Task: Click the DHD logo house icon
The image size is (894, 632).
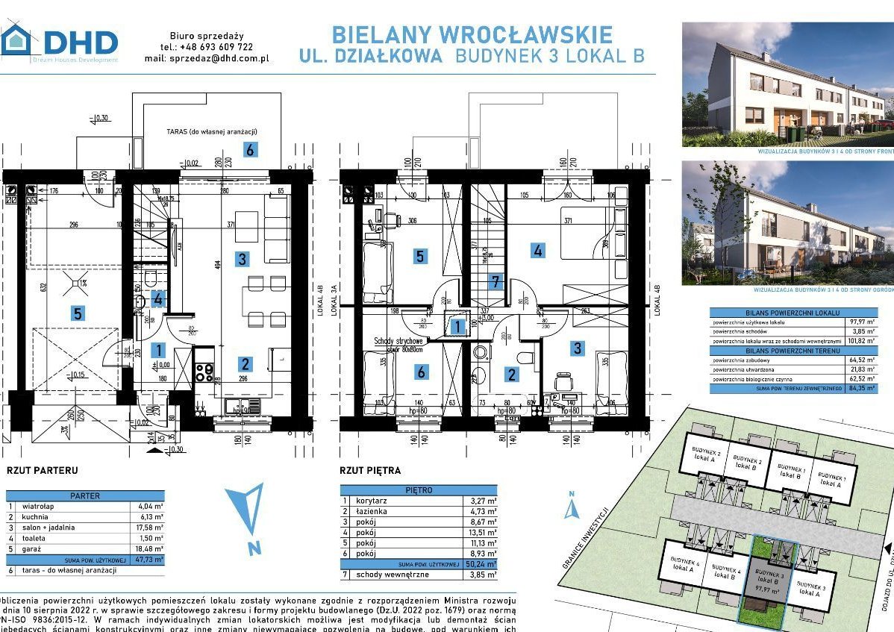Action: click(16, 40)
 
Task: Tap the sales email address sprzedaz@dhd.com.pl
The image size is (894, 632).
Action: click(219, 57)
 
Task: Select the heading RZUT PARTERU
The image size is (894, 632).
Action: click(43, 471)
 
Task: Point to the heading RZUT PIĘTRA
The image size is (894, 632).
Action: click(370, 470)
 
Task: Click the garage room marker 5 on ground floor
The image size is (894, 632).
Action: click(78, 313)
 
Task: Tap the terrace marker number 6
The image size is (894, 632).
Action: click(250, 149)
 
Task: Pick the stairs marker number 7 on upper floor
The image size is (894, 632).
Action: click(494, 282)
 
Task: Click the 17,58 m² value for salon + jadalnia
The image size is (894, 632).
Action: click(151, 527)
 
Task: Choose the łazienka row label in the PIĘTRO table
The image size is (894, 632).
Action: click(372, 511)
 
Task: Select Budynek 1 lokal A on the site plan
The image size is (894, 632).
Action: click(831, 480)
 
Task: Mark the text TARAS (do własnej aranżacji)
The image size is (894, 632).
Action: click(204, 131)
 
